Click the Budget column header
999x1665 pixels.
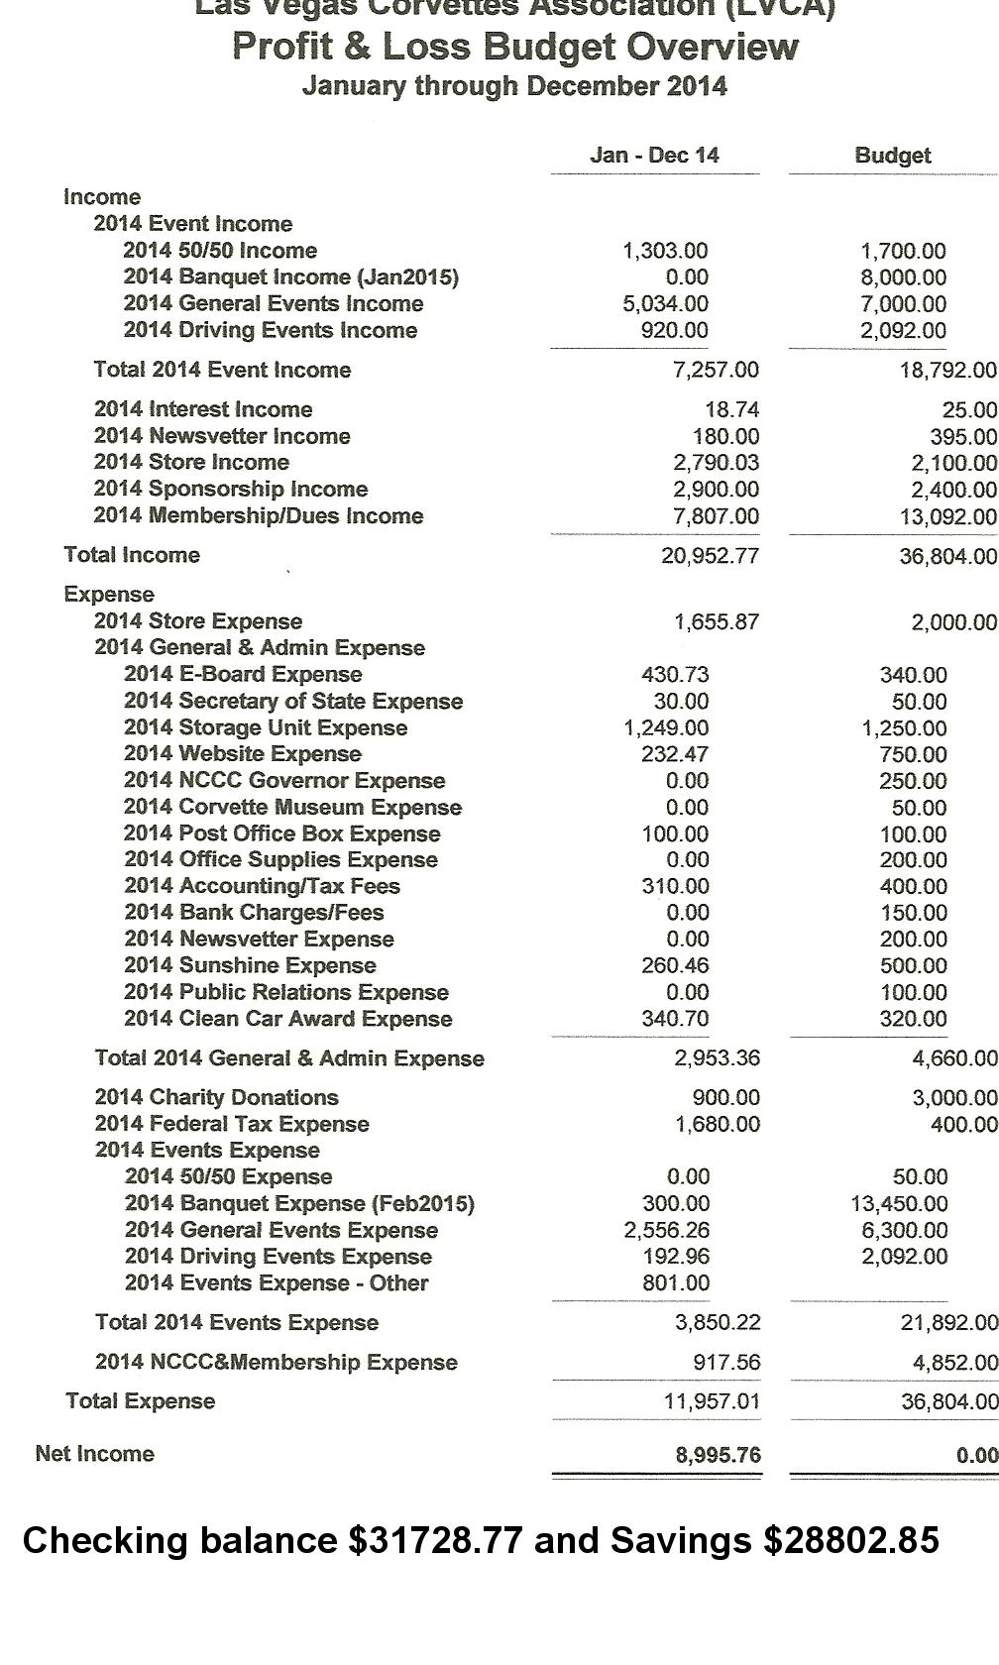(892, 156)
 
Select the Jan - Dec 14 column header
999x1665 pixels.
(654, 155)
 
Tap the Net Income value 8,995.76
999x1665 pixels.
(718, 1454)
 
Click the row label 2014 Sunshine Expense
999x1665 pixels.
(250, 965)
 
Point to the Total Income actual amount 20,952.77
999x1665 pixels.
(710, 555)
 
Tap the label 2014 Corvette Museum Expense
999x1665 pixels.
(292, 807)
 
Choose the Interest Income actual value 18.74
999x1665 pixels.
(731, 409)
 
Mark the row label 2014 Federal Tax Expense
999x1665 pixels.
(232, 1124)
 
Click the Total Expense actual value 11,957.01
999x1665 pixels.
(712, 1401)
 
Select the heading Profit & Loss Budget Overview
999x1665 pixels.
(514, 47)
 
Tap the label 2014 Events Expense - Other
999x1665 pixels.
(277, 1282)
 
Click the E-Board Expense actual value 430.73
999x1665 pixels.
(675, 674)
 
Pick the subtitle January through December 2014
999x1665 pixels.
(514, 86)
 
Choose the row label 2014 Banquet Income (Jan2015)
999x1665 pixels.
(290, 277)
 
